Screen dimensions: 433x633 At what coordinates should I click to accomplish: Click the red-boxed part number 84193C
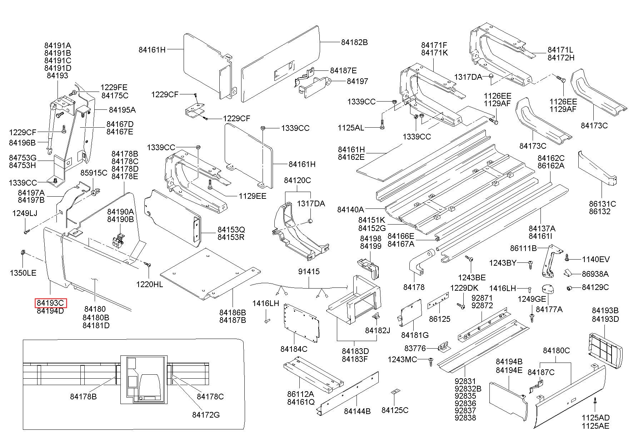50,303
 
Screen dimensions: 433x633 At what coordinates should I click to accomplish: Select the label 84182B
354,42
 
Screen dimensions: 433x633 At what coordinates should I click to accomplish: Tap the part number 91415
309,272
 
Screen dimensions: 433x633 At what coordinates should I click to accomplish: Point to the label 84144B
357,411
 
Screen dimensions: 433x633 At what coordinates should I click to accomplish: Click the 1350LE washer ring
21,253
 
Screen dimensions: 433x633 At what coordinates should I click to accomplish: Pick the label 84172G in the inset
206,415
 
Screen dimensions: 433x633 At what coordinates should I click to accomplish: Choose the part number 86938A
595,274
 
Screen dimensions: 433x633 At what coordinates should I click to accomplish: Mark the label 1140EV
596,259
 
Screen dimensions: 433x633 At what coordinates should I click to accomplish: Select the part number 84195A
122,110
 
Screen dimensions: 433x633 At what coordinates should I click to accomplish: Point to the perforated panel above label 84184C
301,322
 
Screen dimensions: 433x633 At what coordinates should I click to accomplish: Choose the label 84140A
350,209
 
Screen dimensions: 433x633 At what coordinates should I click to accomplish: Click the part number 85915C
94,173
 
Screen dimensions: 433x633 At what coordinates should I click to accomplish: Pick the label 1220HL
149,284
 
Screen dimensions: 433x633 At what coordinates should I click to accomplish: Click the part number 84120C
297,181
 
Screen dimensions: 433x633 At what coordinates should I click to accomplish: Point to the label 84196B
22,143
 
